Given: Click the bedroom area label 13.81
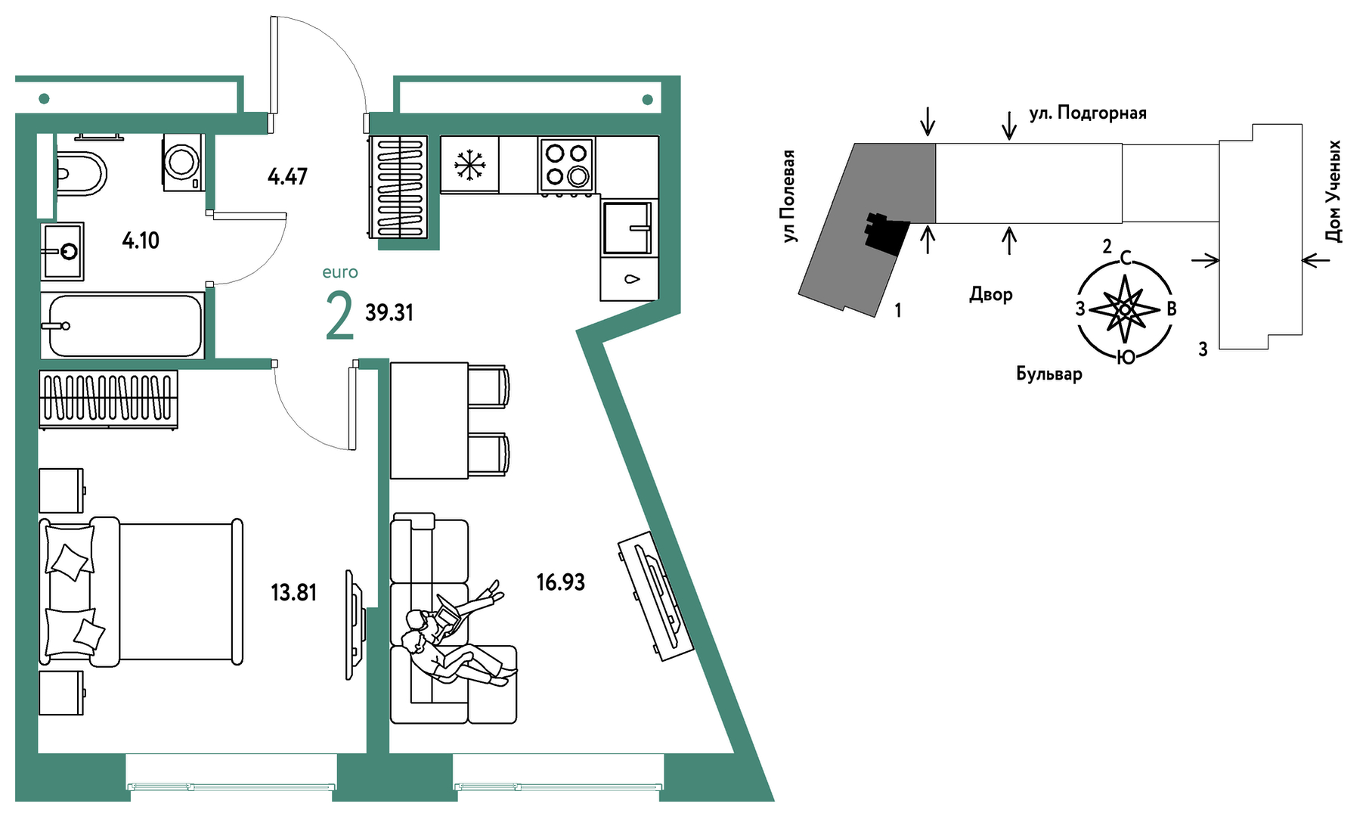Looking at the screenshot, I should (x=293, y=592).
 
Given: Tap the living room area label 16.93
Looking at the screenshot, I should (x=560, y=582).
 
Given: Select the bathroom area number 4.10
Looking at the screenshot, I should (x=141, y=240).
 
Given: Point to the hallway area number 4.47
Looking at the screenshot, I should (x=287, y=177).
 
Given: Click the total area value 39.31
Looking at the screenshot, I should (x=389, y=312).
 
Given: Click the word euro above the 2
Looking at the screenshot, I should (x=340, y=272).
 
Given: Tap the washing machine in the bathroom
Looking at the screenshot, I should (x=183, y=162).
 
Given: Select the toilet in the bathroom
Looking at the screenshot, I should (x=79, y=173).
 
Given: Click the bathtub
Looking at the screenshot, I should (x=125, y=325).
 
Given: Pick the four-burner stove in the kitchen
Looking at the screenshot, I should (x=566, y=164).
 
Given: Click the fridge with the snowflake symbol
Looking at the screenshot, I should (x=469, y=164).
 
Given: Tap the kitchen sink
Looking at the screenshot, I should (x=627, y=227).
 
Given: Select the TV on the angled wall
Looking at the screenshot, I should (x=655, y=595).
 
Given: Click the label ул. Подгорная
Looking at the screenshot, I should (x=1087, y=113).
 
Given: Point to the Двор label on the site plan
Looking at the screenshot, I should (x=990, y=294).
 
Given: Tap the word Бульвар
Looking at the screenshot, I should (x=1048, y=374).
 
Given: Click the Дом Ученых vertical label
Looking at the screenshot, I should (x=1334, y=191).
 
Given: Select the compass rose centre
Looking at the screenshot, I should (x=1125, y=309).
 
